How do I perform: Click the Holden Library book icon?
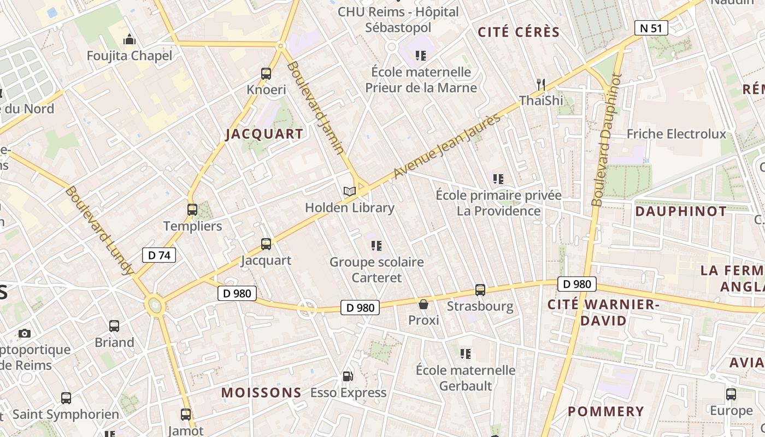click(350, 191)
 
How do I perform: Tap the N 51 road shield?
click(651, 28)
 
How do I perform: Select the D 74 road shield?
click(159, 255)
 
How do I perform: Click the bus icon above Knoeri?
click(266, 73)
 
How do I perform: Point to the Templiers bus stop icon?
click(192, 210)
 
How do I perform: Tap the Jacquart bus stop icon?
click(266, 244)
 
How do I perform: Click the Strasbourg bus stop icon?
click(480, 290)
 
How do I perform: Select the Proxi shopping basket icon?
click(423, 304)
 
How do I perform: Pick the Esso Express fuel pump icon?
click(348, 376)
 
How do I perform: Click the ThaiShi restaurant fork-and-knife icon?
click(541, 84)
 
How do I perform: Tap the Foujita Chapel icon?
click(130, 39)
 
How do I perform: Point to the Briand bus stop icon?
click(114, 326)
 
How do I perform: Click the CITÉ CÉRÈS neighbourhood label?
click(519, 32)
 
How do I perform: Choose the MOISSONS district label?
click(261, 392)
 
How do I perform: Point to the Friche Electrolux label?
click(676, 134)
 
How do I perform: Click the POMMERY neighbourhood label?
click(605, 411)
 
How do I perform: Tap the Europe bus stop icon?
click(731, 394)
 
